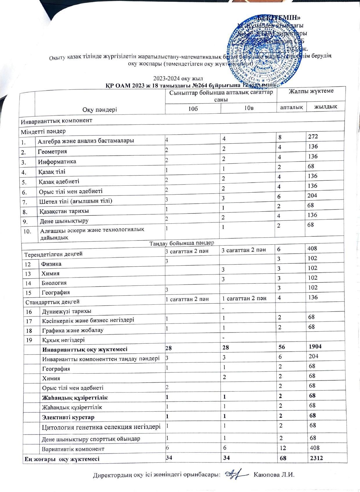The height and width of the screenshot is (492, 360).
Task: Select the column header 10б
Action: click(x=193, y=108)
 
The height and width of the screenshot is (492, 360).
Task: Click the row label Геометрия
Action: click(x=53, y=151)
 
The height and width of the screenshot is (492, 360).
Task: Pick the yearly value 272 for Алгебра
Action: click(x=314, y=136)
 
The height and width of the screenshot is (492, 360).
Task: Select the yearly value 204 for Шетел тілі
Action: click(x=313, y=195)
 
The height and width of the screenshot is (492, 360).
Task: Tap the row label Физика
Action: click(x=51, y=264)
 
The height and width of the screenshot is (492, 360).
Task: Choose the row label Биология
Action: click(x=54, y=283)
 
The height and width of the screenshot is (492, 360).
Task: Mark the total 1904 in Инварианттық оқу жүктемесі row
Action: click(x=315, y=346)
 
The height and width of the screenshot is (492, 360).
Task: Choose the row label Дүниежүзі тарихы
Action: click(x=67, y=311)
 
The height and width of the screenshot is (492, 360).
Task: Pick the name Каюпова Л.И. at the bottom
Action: click(x=274, y=475)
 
